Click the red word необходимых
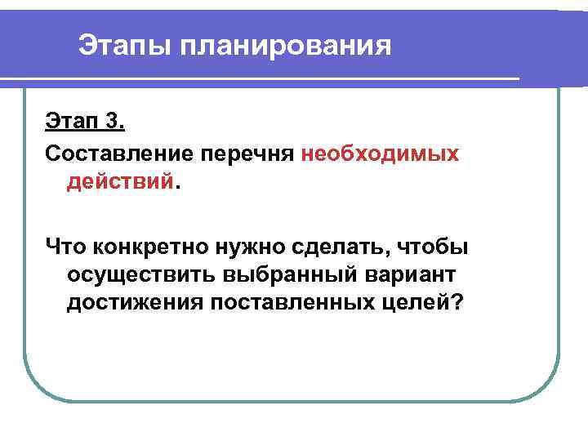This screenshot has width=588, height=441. tap(380, 153)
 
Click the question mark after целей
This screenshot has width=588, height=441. tap(456, 303)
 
